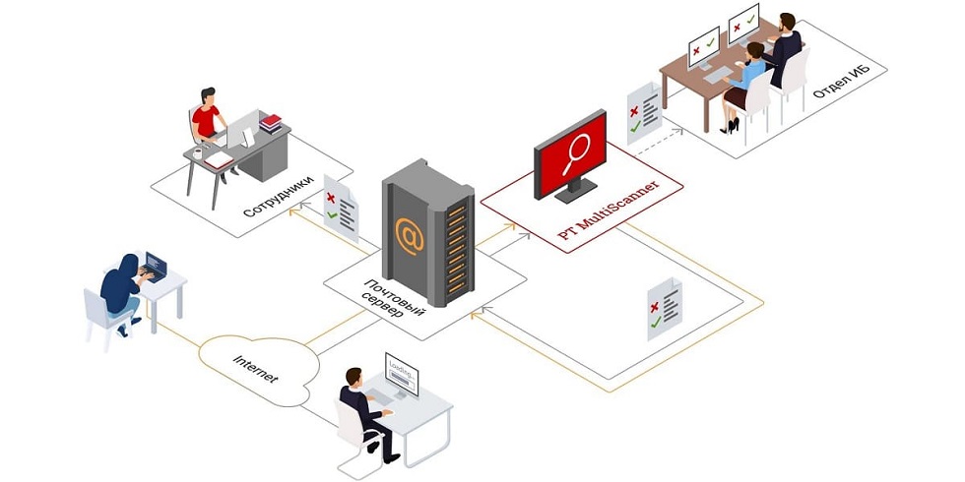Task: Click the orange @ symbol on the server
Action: point(410,236)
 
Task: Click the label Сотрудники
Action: point(278,197)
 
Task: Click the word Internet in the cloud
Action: point(255,368)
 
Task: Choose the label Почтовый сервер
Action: point(391,299)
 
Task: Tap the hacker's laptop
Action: point(154,267)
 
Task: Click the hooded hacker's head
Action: point(129,264)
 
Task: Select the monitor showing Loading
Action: point(402,374)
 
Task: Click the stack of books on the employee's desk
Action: point(270,123)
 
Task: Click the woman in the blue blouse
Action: point(742,87)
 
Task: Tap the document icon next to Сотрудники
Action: point(341,208)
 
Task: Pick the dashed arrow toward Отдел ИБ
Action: point(659,142)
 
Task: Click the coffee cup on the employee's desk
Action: point(198,153)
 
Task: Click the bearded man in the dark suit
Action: point(783,49)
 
